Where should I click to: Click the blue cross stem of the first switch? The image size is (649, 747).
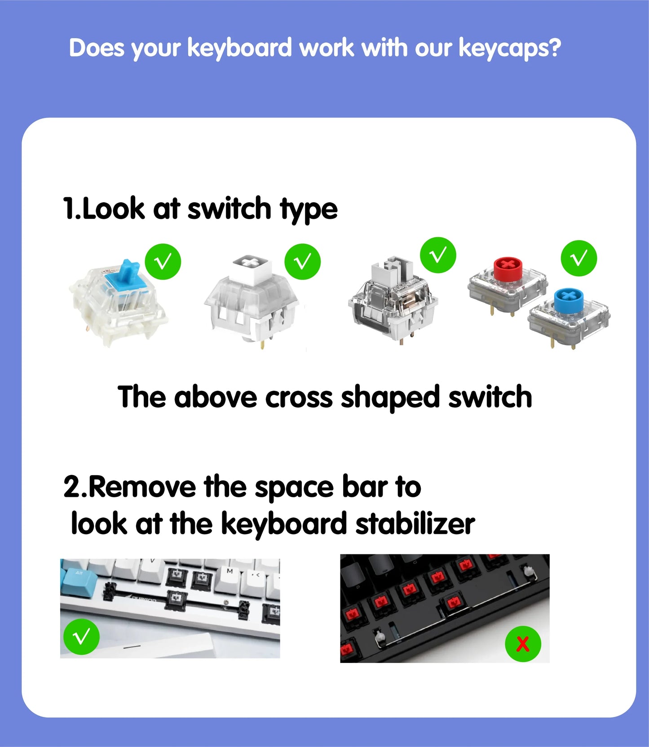pyautogui.click(x=128, y=272)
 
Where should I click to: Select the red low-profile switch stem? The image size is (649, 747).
pyautogui.click(x=507, y=269)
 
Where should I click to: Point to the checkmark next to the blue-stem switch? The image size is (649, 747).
pyautogui.click(x=163, y=261)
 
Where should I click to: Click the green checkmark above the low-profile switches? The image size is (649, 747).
pyautogui.click(x=578, y=258)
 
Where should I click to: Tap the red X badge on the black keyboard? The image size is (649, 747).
pyautogui.click(x=523, y=644)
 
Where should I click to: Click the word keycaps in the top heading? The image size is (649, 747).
pyautogui.click(x=509, y=48)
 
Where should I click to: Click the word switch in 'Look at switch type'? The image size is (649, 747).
pyautogui.click(x=229, y=209)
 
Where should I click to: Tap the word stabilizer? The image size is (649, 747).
pyautogui.click(x=415, y=524)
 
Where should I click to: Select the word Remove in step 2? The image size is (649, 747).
pyautogui.click(x=142, y=487)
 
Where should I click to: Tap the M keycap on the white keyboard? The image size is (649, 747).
pyautogui.click(x=230, y=571)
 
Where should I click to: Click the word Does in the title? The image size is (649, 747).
pyautogui.click(x=96, y=48)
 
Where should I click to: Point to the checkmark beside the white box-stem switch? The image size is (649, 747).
pyautogui.click(x=302, y=261)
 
